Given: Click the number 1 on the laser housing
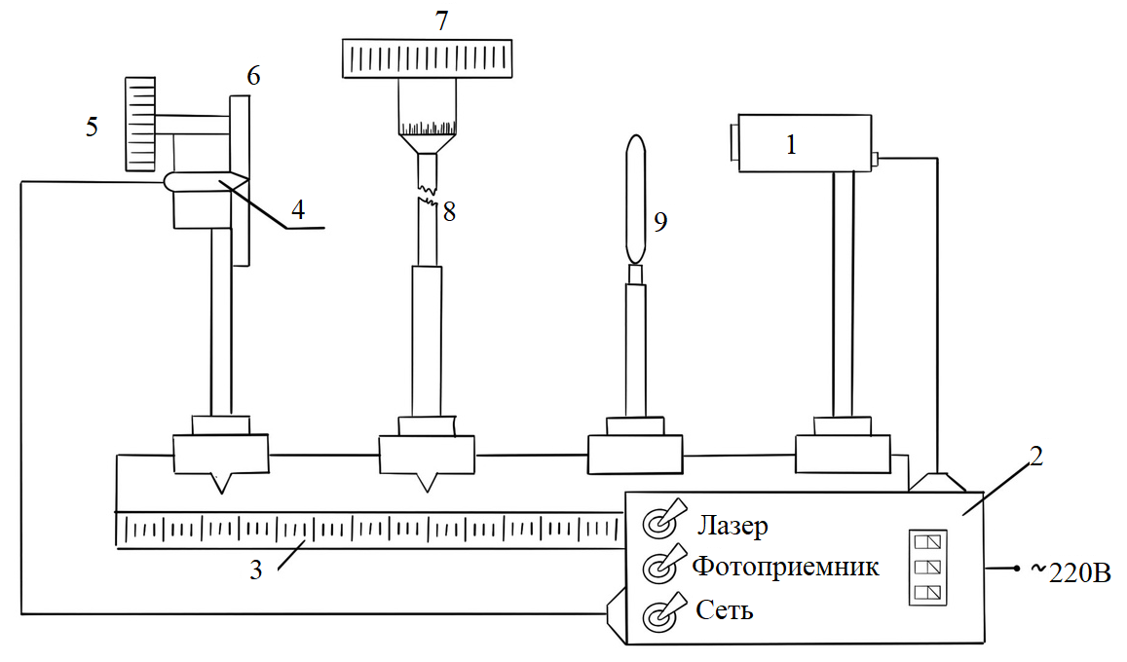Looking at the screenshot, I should click(791, 145).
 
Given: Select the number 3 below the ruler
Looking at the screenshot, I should click(255, 570).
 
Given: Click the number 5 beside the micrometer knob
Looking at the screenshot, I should click(92, 128).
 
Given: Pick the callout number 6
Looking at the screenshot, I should click(253, 76).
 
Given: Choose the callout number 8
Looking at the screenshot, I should click(449, 212).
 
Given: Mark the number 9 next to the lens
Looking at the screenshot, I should click(660, 223).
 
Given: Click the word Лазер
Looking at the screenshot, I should click(733, 526).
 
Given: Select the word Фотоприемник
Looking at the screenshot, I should click(785, 567).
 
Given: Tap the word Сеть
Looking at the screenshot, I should click(725, 611).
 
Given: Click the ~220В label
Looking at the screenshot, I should click(1069, 571).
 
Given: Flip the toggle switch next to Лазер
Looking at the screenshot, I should click(659, 523).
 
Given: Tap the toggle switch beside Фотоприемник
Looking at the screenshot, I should click(659, 566).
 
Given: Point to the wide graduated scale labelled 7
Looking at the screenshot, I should click(429, 58).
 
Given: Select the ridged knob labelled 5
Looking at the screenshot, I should click(141, 125).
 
